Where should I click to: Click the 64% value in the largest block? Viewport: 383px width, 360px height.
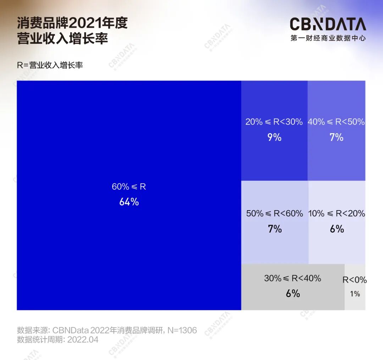pos(129,202)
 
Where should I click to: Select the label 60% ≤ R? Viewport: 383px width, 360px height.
pos(129,187)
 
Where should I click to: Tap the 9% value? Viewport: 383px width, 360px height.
pos(274,137)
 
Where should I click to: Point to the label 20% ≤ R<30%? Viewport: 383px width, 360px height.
pos(274,122)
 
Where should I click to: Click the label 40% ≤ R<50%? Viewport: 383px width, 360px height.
pos(336,122)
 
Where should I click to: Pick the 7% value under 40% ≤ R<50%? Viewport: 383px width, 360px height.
pos(336,137)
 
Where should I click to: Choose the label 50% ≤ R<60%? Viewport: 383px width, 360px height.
pos(274,213)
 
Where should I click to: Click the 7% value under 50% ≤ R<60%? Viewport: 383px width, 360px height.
pos(274,229)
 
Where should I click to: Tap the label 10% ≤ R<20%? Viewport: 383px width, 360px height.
pos(337,213)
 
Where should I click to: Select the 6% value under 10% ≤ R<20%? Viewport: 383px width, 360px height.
pos(337,229)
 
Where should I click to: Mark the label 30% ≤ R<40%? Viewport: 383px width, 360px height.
pos(293,278)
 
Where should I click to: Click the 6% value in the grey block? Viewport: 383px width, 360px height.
pos(293,294)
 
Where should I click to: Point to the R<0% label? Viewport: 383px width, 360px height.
pos(355,280)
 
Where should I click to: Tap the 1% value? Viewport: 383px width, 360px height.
pos(355,294)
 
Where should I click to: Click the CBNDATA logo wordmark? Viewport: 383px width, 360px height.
pos(328,24)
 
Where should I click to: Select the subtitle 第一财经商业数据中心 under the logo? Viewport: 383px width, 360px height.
pos(328,38)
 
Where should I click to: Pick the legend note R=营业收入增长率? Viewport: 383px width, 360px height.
pos(50,65)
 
